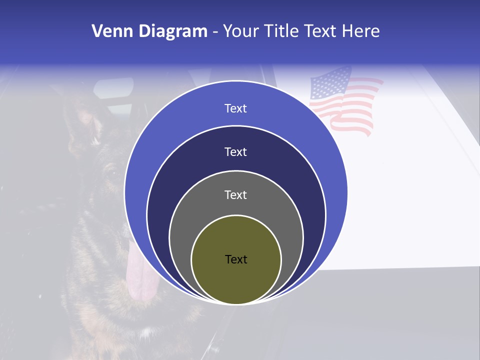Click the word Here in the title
[x=360, y=31]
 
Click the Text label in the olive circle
[x=236, y=259]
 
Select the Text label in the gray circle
[x=236, y=195]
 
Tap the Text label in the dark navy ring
[x=236, y=152]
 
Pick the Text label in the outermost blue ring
[x=236, y=108]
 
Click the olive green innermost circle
[x=236, y=280]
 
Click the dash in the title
[x=214, y=31]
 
